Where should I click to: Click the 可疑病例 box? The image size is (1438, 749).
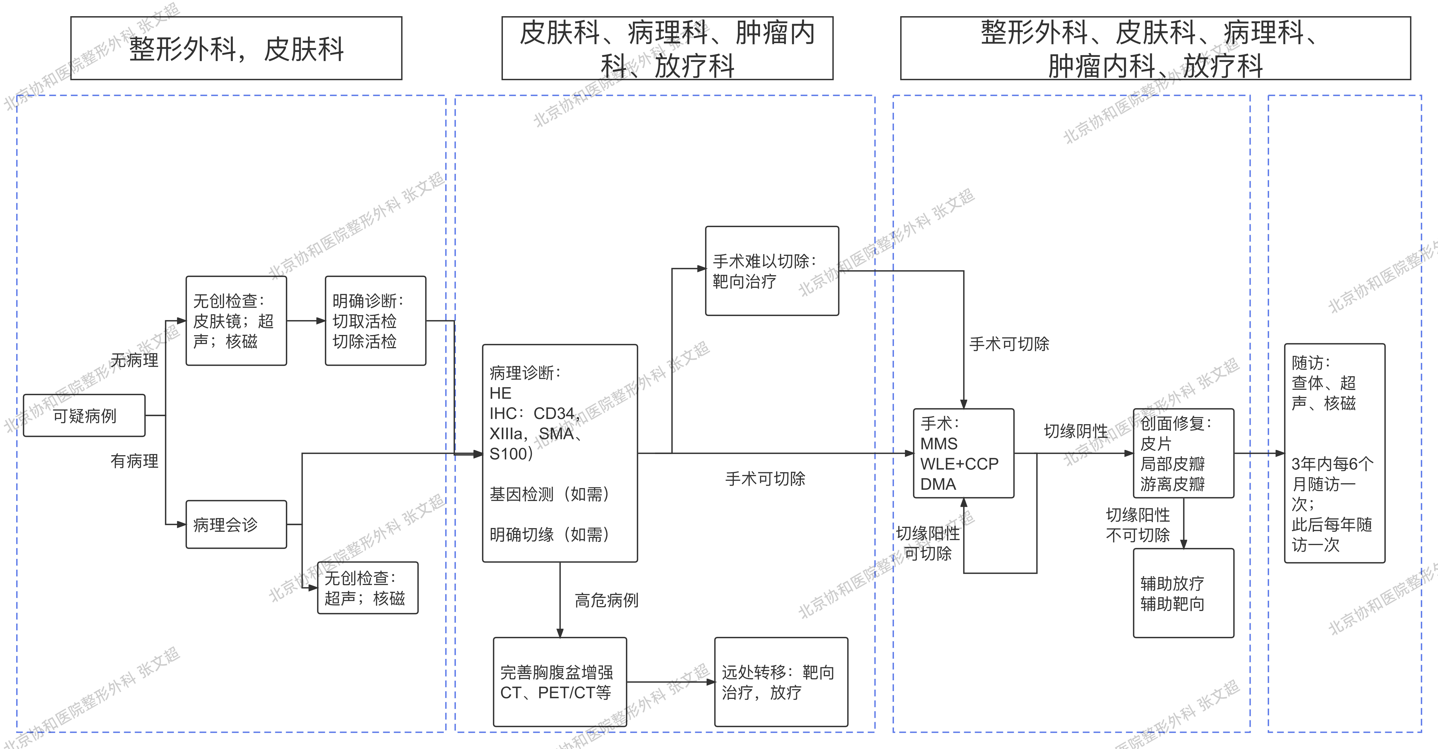point(84,415)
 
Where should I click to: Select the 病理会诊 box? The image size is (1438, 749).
point(236,524)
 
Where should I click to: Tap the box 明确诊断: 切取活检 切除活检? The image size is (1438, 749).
point(375,321)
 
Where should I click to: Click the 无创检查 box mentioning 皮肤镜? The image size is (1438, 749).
point(236,321)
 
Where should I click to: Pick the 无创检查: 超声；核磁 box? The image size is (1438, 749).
point(367,588)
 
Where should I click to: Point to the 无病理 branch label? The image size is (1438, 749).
point(134,360)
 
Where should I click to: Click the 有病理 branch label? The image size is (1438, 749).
point(134,461)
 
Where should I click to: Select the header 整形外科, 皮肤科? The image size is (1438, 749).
point(236,49)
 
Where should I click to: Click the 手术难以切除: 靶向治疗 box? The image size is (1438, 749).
point(772,271)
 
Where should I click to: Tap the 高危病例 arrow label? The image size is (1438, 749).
point(606,601)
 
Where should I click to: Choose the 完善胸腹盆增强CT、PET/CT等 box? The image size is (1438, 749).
point(560,682)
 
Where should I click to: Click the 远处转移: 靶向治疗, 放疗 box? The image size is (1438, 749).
point(781,682)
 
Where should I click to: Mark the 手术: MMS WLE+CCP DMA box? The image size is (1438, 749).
point(963,453)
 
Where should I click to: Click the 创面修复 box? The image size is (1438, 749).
point(1183,453)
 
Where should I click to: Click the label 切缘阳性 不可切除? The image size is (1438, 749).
point(1138,525)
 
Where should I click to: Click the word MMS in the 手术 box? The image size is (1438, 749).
point(939,444)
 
